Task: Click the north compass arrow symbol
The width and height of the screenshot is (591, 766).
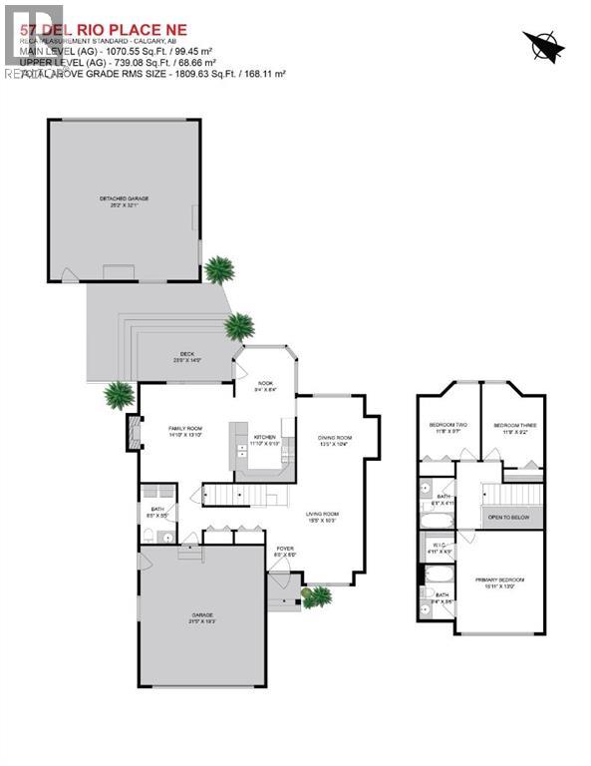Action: pyautogui.click(x=544, y=45)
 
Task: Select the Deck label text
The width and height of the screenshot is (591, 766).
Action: pyautogui.click(x=187, y=355)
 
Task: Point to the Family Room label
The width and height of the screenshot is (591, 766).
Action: pyautogui.click(x=184, y=431)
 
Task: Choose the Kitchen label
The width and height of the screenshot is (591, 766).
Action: pyautogui.click(x=264, y=440)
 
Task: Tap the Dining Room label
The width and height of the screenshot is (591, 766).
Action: pyautogui.click(x=334, y=441)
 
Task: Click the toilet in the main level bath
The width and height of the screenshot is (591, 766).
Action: pyautogui.click(x=148, y=536)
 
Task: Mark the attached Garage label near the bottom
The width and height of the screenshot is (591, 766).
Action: pyautogui.click(x=203, y=617)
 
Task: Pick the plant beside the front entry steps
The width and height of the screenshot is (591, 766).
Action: pyautogui.click(x=319, y=596)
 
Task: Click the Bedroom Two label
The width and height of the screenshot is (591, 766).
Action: pyautogui.click(x=447, y=428)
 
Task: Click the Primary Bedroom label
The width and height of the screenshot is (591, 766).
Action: pyautogui.click(x=500, y=581)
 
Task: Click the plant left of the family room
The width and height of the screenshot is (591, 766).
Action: pyautogui.click(x=119, y=394)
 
